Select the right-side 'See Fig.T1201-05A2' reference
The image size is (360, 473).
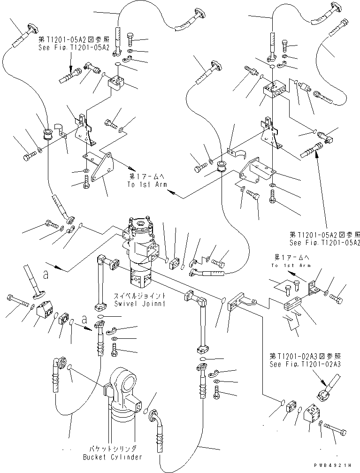click(x=325, y=242)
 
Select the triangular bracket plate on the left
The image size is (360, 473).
click(x=100, y=168)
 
